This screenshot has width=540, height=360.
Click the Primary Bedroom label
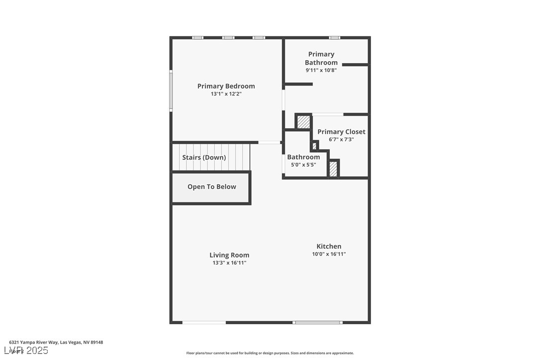tap(226, 86)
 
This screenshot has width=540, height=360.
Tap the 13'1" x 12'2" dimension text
tap(226, 93)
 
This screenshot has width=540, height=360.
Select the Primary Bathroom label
tap(321, 58)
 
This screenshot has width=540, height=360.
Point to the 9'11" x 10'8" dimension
tap(321, 70)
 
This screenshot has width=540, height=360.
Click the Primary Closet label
tap(341, 132)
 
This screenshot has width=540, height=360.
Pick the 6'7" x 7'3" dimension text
tap(341, 139)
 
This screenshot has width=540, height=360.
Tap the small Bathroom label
tap(303, 157)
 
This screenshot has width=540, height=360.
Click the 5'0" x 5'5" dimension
tap(303, 165)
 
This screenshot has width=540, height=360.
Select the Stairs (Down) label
tap(204, 158)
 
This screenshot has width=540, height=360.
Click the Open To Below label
tap(212, 187)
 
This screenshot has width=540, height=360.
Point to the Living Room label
tap(229, 255)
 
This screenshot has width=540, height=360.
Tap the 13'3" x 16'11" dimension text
tap(229, 263)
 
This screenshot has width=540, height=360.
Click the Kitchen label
tap(329, 246)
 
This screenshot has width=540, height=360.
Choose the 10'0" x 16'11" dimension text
tap(329, 254)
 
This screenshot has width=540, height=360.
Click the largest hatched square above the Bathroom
tap(303, 122)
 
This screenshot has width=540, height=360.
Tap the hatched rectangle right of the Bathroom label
tap(334, 169)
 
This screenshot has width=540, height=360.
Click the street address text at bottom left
tap(56, 342)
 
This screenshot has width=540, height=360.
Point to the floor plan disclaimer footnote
tap(270, 353)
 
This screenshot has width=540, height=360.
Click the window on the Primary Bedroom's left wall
tap(171, 90)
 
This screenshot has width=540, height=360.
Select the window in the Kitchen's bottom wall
tap(317, 323)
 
